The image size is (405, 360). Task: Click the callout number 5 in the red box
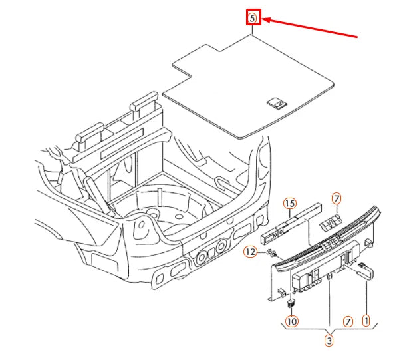pyautogui.click(x=253, y=18)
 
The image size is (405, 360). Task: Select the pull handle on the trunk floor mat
pyautogui.click(x=276, y=102)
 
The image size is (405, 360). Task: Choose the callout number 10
pyautogui.click(x=291, y=321)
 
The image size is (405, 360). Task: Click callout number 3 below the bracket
pyautogui.click(x=329, y=341)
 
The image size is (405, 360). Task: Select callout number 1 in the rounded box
pyautogui.click(x=366, y=320)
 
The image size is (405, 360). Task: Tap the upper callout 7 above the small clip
pyautogui.click(x=337, y=198)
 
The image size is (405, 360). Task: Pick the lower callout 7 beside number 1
pyautogui.click(x=347, y=321)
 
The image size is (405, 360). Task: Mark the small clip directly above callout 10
pyautogui.click(x=291, y=303)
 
